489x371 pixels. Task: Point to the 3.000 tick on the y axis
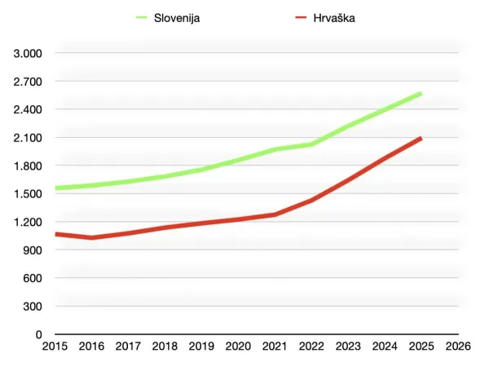tap(29, 53)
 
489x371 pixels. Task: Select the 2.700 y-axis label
tap(29, 82)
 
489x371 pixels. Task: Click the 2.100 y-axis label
tap(29, 138)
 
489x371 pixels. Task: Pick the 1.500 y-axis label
tap(29, 194)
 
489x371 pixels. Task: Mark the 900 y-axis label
tap(33, 250)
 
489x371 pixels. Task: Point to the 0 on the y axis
tap(38, 334)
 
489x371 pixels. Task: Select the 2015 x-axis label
tap(55, 347)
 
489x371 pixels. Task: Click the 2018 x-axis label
tap(165, 347)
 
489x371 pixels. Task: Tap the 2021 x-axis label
tap(275, 347)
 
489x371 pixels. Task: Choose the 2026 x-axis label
tap(457, 347)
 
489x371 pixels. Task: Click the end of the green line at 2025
tap(421, 94)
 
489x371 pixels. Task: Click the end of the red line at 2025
tap(421, 139)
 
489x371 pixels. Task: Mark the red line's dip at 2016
tap(91, 237)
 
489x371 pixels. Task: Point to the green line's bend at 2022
tap(311, 144)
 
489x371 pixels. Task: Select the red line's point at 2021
tap(275, 214)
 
